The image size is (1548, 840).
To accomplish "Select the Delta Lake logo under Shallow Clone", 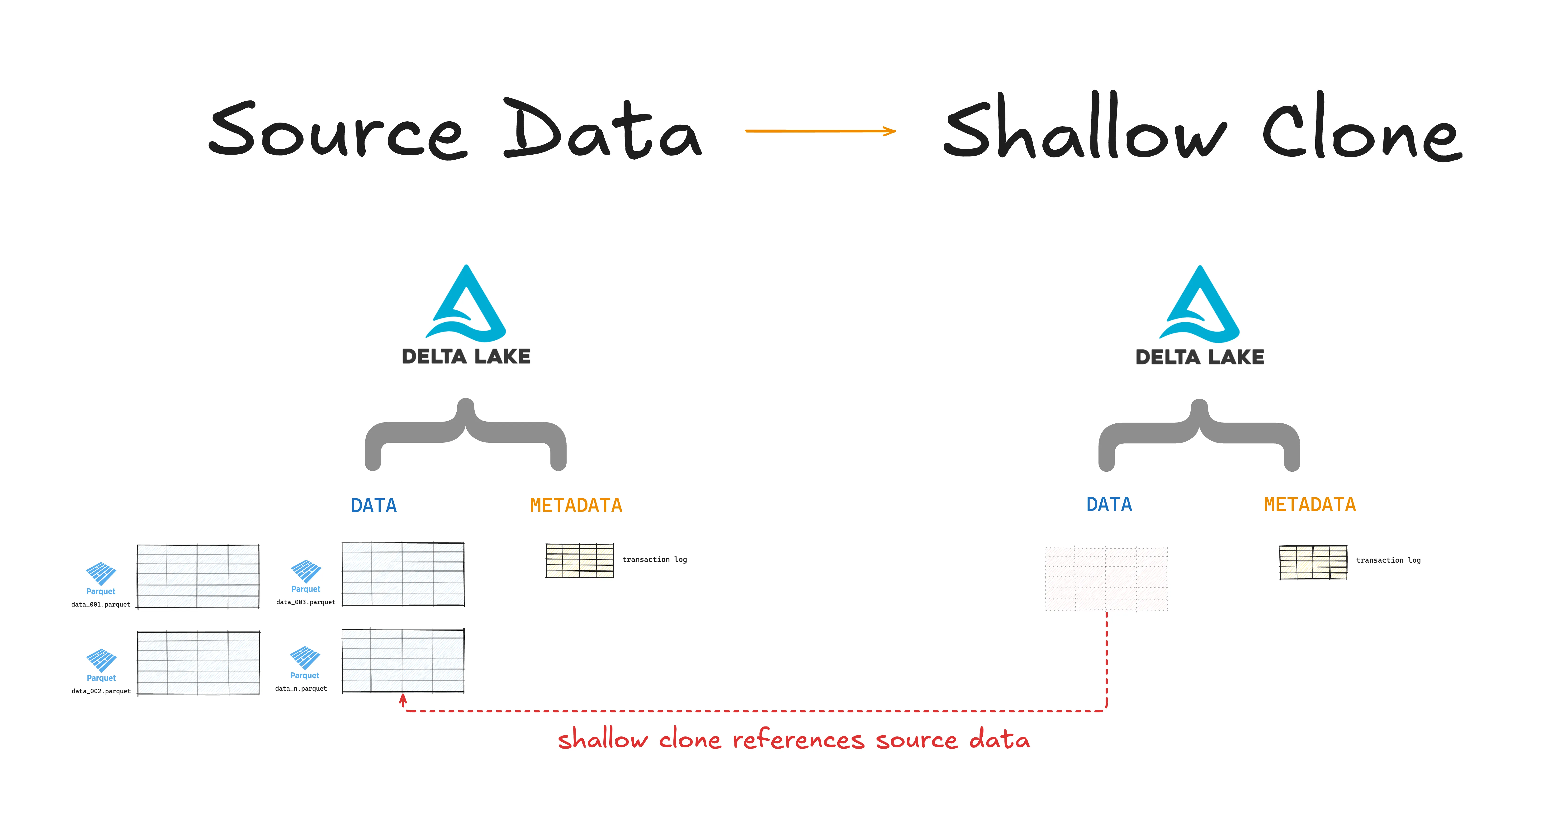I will tap(1199, 315).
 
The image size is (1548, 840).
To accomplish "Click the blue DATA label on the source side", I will tap(374, 505).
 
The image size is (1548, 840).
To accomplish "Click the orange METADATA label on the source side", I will tap(576, 505).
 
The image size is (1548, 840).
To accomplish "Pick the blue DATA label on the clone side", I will tap(1109, 504).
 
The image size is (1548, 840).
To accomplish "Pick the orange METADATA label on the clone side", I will tap(1309, 504).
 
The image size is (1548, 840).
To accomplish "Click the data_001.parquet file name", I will tap(100, 604).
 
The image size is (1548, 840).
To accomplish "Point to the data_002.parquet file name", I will tap(101, 691).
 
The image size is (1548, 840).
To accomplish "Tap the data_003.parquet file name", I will tap(305, 602).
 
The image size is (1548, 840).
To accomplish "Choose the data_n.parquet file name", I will tap(301, 688).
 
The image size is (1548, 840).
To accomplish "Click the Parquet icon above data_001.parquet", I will tap(100, 574).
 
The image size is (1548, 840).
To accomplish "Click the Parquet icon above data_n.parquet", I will tap(305, 658).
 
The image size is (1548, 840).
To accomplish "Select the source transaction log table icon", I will tap(579, 560).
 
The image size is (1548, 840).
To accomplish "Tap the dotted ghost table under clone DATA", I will tap(1106, 579).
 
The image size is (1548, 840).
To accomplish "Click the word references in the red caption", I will tap(798, 740).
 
